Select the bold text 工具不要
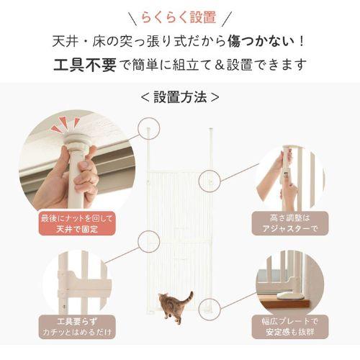pos(81,65)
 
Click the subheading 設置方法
pos(180,96)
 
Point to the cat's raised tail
pos(189,296)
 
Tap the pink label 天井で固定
pos(78,229)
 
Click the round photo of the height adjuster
pos(289,179)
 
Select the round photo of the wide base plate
pos(289,284)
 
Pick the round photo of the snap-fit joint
pos(78,284)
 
